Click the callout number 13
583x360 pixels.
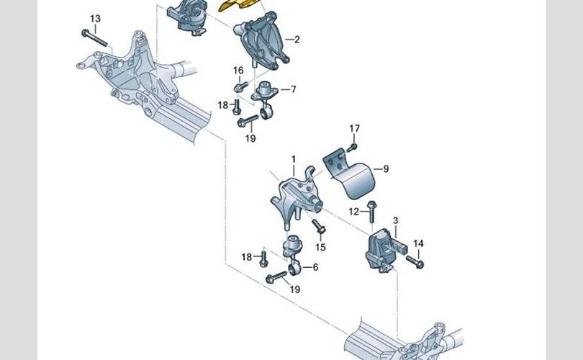(x=95, y=19)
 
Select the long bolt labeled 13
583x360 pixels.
(x=94, y=39)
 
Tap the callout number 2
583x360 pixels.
(x=297, y=40)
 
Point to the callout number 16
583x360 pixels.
(x=238, y=71)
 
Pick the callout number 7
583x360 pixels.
(x=294, y=89)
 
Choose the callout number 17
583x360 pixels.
(x=354, y=128)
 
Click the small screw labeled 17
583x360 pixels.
(x=352, y=148)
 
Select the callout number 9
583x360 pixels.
(x=386, y=169)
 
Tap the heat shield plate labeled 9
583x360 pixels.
(x=350, y=174)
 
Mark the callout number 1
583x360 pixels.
(x=294, y=159)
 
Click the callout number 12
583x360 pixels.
(x=354, y=212)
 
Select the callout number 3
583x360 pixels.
(x=395, y=220)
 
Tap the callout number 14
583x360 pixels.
(x=418, y=243)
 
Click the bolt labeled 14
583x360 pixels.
(x=415, y=262)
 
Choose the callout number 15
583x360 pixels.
(x=320, y=247)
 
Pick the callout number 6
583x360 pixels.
(x=315, y=267)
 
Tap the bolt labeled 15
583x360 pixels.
(x=319, y=226)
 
